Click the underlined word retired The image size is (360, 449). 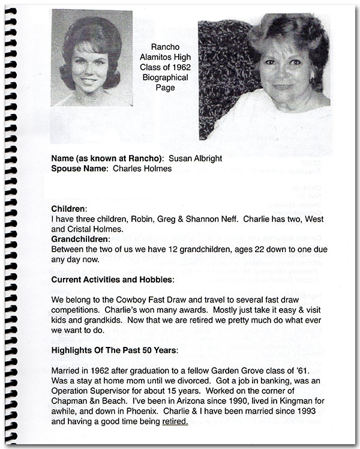coord(175,421)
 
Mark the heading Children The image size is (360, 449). coord(69,208)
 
